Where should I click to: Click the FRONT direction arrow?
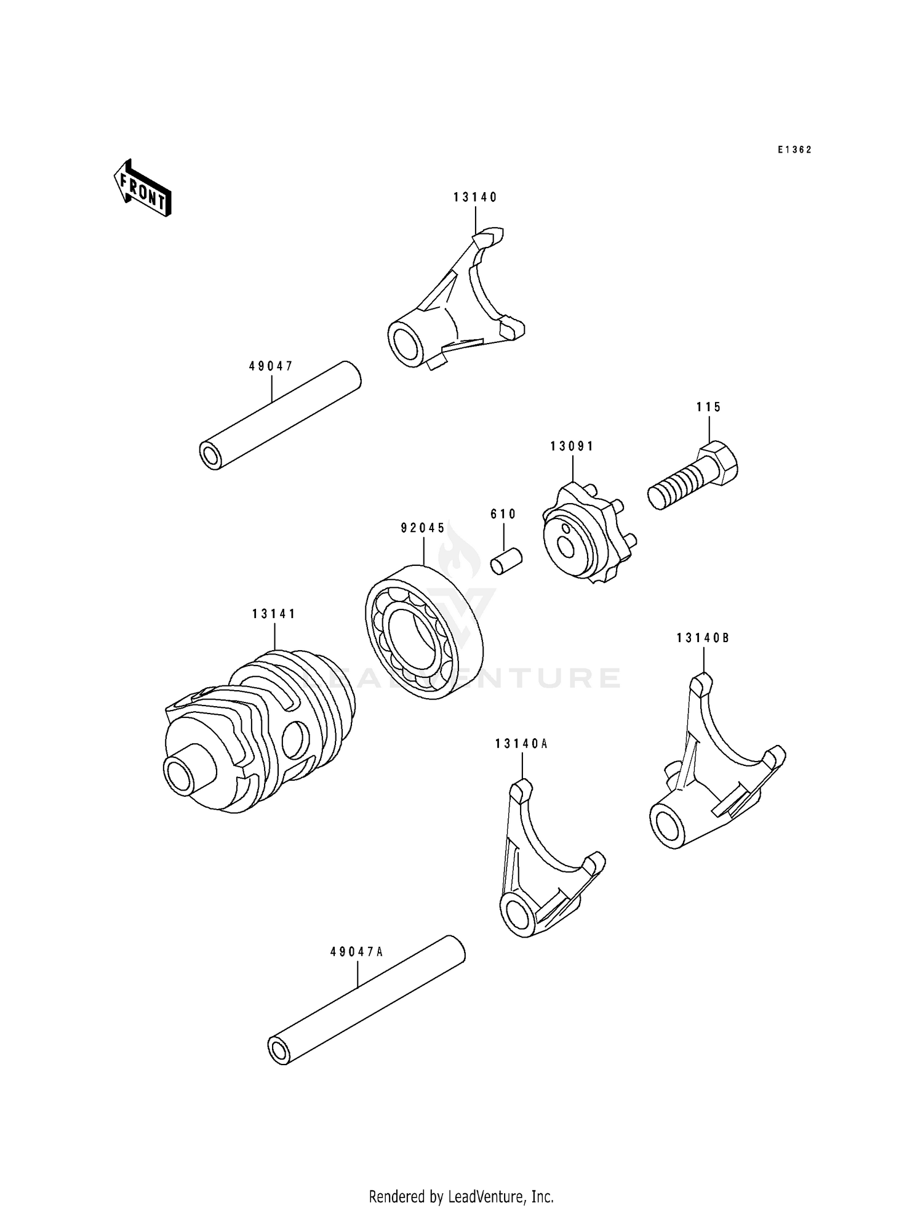142,188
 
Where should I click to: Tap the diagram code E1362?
794,150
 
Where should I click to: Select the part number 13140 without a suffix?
475,197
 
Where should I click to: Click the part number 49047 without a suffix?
271,366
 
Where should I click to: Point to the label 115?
709,407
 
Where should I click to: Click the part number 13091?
572,446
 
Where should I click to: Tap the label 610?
503,514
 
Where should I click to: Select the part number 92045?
423,528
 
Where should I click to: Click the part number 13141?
274,614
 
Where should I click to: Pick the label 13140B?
703,638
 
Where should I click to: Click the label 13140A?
521,744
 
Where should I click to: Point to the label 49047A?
357,952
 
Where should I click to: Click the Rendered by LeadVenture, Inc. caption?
461,1196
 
